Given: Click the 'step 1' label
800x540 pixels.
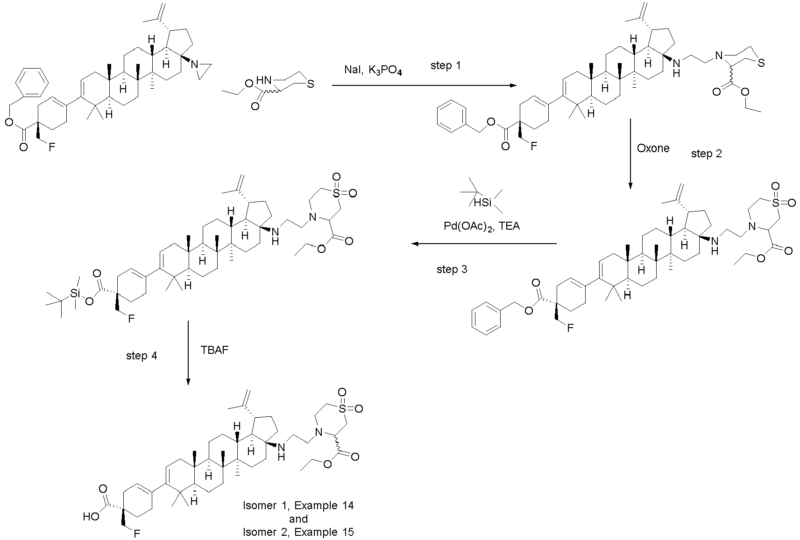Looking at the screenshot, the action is coord(446,66).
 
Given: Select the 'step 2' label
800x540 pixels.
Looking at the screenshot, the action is coord(707,154).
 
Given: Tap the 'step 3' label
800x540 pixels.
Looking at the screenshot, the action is coord(452,269).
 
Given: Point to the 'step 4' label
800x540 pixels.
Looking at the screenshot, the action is coord(142,356).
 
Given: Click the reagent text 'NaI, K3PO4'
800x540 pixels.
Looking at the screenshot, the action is coord(373,70).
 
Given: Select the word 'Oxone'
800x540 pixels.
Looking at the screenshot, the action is coord(653,148).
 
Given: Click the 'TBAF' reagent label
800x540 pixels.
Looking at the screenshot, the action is coord(214,350).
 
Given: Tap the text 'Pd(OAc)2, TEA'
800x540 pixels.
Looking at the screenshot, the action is coord(482,226).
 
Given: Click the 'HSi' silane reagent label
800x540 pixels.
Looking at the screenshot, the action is coord(482,203).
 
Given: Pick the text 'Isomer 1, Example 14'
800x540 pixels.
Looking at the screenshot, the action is coord(298,505).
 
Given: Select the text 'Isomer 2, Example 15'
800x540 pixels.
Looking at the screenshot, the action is coord(298,532).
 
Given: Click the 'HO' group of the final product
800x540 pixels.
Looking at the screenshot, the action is coord(91,517).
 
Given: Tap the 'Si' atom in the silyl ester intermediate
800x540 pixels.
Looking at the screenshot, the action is coord(75,294).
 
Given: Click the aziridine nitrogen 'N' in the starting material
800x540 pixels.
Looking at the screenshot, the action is coord(195,64).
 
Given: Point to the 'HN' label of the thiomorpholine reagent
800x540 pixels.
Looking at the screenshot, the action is coord(264,80).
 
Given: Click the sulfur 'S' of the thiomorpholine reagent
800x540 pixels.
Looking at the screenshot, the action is coord(311,84).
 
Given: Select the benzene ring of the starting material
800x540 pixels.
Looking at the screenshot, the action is coord(32,83).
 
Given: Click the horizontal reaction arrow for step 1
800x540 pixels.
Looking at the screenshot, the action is coord(425,86).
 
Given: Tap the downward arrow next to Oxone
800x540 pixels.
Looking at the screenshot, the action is coord(630,154).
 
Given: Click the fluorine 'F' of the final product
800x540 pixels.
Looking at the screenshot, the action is coord(137,533).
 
